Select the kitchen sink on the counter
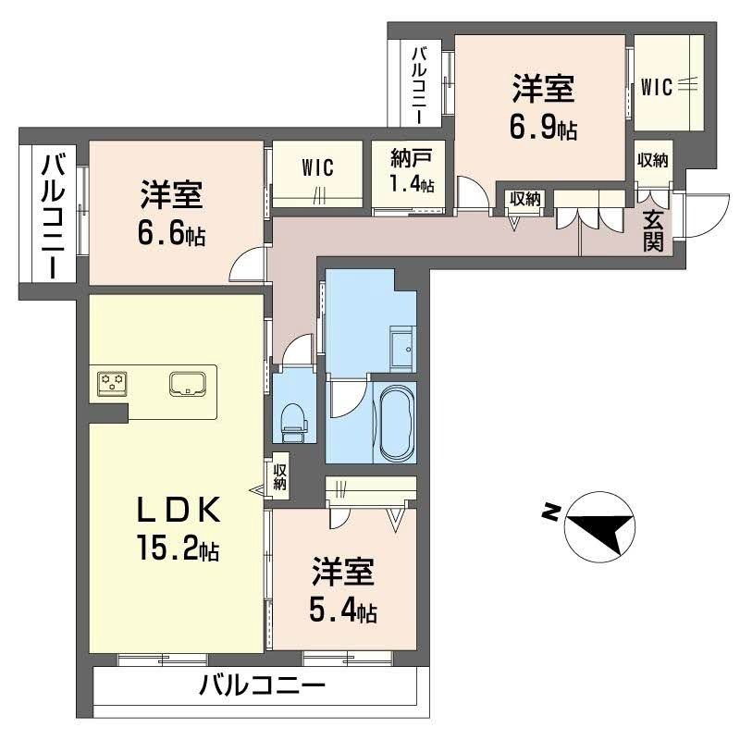[188, 383]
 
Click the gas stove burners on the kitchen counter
[115, 382]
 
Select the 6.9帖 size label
[543, 129]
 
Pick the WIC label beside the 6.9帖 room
[656, 88]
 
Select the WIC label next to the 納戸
[317, 167]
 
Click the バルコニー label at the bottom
[263, 686]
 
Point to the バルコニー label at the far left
[53, 216]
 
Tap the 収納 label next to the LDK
[280, 475]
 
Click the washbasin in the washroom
[402, 347]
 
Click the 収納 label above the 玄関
[652, 159]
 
